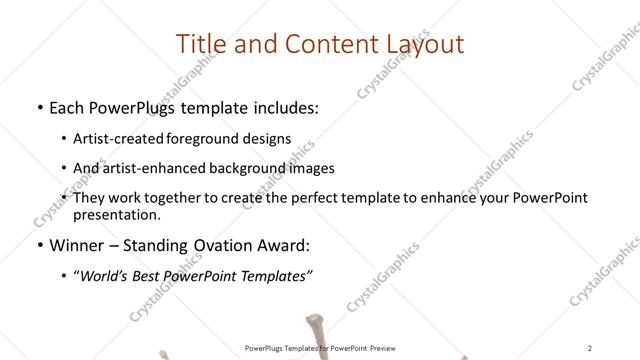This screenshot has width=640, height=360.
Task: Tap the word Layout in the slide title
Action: [x=420, y=44]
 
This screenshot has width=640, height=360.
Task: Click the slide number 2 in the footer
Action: [x=591, y=348]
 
